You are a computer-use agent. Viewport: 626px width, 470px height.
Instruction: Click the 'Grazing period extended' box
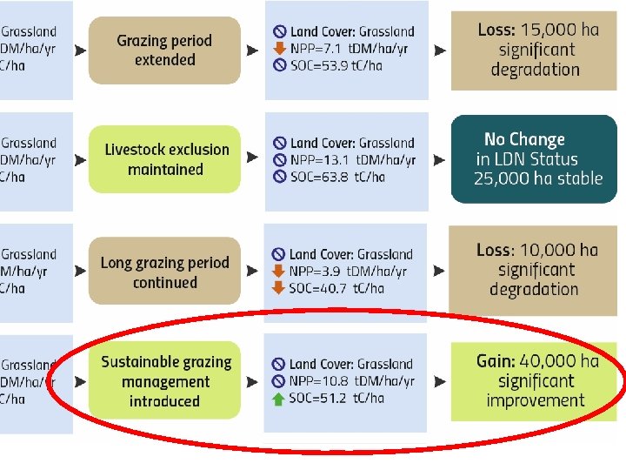click(164, 50)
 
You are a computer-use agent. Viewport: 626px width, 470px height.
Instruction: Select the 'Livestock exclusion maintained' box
click(165, 159)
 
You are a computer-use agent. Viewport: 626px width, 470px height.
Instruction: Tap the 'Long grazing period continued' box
click(164, 272)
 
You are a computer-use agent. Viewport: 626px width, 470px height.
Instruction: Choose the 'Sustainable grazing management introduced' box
click(165, 381)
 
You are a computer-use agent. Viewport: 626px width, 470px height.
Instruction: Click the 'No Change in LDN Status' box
click(534, 159)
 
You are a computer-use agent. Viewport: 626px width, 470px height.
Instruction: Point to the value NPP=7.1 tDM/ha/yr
click(352, 48)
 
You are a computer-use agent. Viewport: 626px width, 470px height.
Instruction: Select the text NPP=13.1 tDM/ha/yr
click(353, 160)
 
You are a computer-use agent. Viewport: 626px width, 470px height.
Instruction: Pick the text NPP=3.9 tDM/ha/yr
click(352, 272)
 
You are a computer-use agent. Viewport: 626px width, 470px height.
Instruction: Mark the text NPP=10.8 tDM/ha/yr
click(352, 381)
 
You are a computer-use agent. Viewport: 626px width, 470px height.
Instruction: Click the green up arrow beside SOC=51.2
click(278, 399)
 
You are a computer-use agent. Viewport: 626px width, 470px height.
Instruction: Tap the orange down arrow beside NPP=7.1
click(279, 48)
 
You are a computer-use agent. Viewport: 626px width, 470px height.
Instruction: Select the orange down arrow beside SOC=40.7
click(278, 288)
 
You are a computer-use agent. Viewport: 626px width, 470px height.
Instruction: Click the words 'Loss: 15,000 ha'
click(537, 30)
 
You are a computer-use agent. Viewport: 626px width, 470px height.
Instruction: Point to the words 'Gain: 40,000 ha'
click(537, 361)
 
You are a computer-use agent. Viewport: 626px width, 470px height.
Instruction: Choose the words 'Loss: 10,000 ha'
click(537, 251)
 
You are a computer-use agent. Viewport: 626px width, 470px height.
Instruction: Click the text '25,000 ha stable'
click(538, 179)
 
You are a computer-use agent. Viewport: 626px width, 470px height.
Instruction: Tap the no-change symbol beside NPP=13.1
click(279, 160)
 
